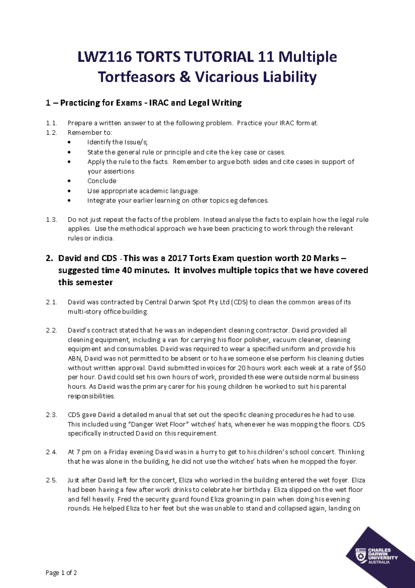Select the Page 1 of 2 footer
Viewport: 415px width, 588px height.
61,573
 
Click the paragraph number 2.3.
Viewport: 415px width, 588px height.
51,415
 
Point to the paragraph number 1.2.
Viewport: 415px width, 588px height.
51,133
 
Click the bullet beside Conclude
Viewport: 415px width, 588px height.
70,181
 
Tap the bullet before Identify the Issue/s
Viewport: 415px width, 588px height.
70,142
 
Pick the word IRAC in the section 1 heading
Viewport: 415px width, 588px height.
159,103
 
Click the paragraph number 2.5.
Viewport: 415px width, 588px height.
51,480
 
